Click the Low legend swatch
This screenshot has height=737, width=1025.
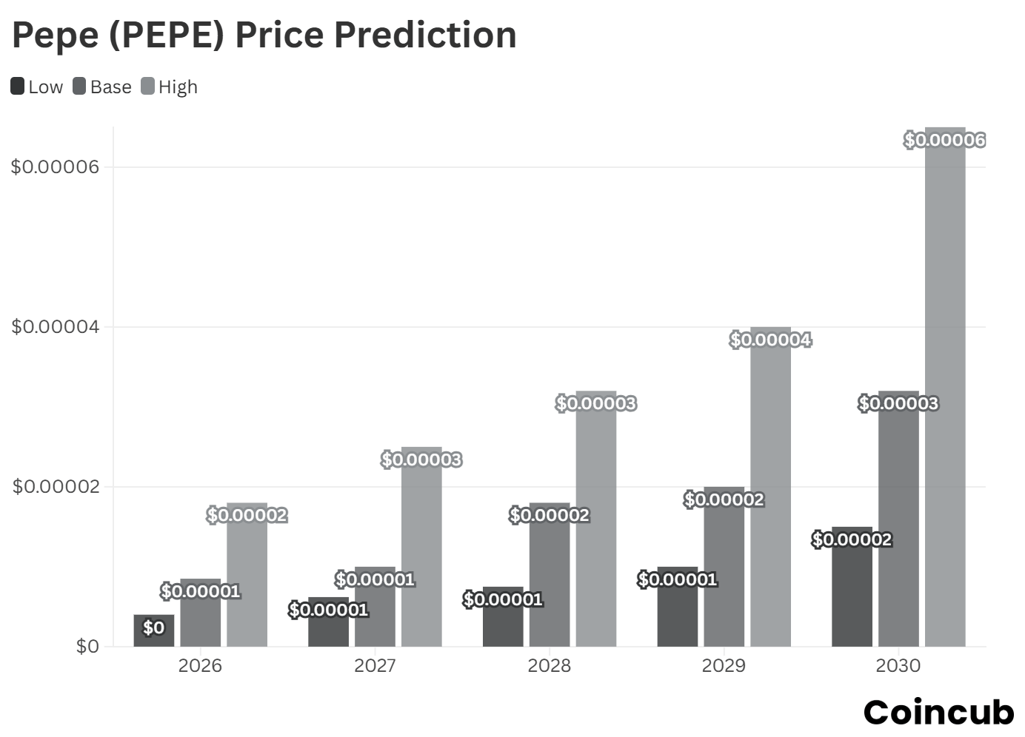pos(18,87)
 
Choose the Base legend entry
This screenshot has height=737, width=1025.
pos(102,87)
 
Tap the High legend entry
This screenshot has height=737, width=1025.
pos(170,87)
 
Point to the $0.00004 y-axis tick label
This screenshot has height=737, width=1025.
pos(55,326)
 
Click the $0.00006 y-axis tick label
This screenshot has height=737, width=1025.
pos(55,166)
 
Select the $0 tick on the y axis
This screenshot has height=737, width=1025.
pos(87,646)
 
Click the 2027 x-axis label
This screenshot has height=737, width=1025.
pos(375,665)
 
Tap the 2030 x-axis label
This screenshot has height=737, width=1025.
pos(898,665)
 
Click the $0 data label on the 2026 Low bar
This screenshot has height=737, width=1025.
pos(153,627)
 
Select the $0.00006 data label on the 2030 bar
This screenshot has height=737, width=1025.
pos(944,140)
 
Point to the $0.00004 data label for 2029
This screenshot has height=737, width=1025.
pos(770,340)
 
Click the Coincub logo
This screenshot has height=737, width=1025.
pos(938,712)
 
